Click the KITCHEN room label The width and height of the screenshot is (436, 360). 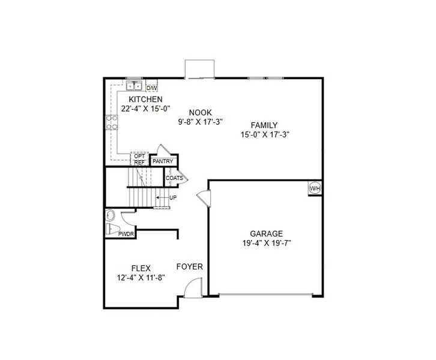[146, 99]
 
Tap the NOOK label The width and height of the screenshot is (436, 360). [200, 112]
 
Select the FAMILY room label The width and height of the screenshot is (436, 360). [264, 125]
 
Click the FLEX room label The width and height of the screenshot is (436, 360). [141, 268]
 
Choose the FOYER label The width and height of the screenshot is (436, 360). [189, 266]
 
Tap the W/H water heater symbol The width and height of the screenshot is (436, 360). [315, 188]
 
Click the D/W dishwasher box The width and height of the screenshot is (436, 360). [151, 88]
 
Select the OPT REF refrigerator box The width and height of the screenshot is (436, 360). [139, 159]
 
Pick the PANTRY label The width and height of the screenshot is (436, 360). [163, 161]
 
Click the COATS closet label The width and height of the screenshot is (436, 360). [174, 178]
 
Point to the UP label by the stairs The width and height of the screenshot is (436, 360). [173, 197]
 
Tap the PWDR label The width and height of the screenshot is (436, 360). [126, 234]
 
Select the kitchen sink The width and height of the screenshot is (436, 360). [133, 86]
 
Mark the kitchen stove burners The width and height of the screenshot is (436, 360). [112, 123]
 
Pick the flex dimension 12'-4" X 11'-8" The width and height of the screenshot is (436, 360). [141, 278]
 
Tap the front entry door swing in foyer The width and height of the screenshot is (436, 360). [192, 290]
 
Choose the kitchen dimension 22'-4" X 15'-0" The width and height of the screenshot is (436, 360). [146, 109]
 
